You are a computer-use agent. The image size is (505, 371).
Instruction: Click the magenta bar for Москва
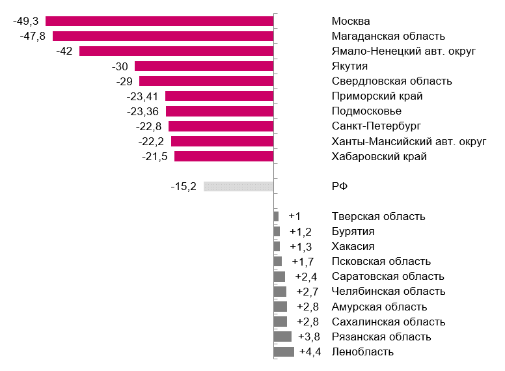pyautogui.click(x=159, y=21)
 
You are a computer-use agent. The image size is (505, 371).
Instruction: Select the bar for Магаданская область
pyautogui.click(x=163, y=36)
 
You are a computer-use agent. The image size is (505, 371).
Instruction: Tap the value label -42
pyautogui.click(x=65, y=51)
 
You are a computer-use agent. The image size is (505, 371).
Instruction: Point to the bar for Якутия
pyautogui.click(x=204, y=66)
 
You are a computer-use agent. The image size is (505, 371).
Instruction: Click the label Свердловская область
pyautogui.click(x=392, y=81)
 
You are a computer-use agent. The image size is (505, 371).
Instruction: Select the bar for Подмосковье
pyautogui.click(x=219, y=111)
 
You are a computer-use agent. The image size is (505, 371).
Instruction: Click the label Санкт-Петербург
pyautogui.click(x=377, y=126)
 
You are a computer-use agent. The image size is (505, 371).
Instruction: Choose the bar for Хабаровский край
pyautogui.click(x=224, y=156)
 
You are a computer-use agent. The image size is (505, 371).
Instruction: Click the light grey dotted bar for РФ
pyautogui.click(x=238, y=186)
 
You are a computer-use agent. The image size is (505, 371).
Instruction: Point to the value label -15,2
pyautogui.click(x=183, y=186)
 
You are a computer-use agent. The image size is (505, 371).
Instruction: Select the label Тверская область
pyautogui.click(x=378, y=217)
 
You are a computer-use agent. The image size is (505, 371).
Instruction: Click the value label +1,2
pyautogui.click(x=301, y=232)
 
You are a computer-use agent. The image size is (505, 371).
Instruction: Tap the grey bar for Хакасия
pyautogui.click(x=277, y=247)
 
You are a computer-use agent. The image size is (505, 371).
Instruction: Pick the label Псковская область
pyautogui.click(x=381, y=262)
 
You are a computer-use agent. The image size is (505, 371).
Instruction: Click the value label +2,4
pyautogui.click(x=306, y=277)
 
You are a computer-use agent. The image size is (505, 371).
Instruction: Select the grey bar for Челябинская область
pyautogui.click(x=280, y=292)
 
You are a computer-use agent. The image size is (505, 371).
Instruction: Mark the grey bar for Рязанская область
pyautogui.click(x=282, y=337)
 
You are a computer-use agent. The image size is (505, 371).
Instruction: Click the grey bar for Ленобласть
pyautogui.click(x=284, y=352)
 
